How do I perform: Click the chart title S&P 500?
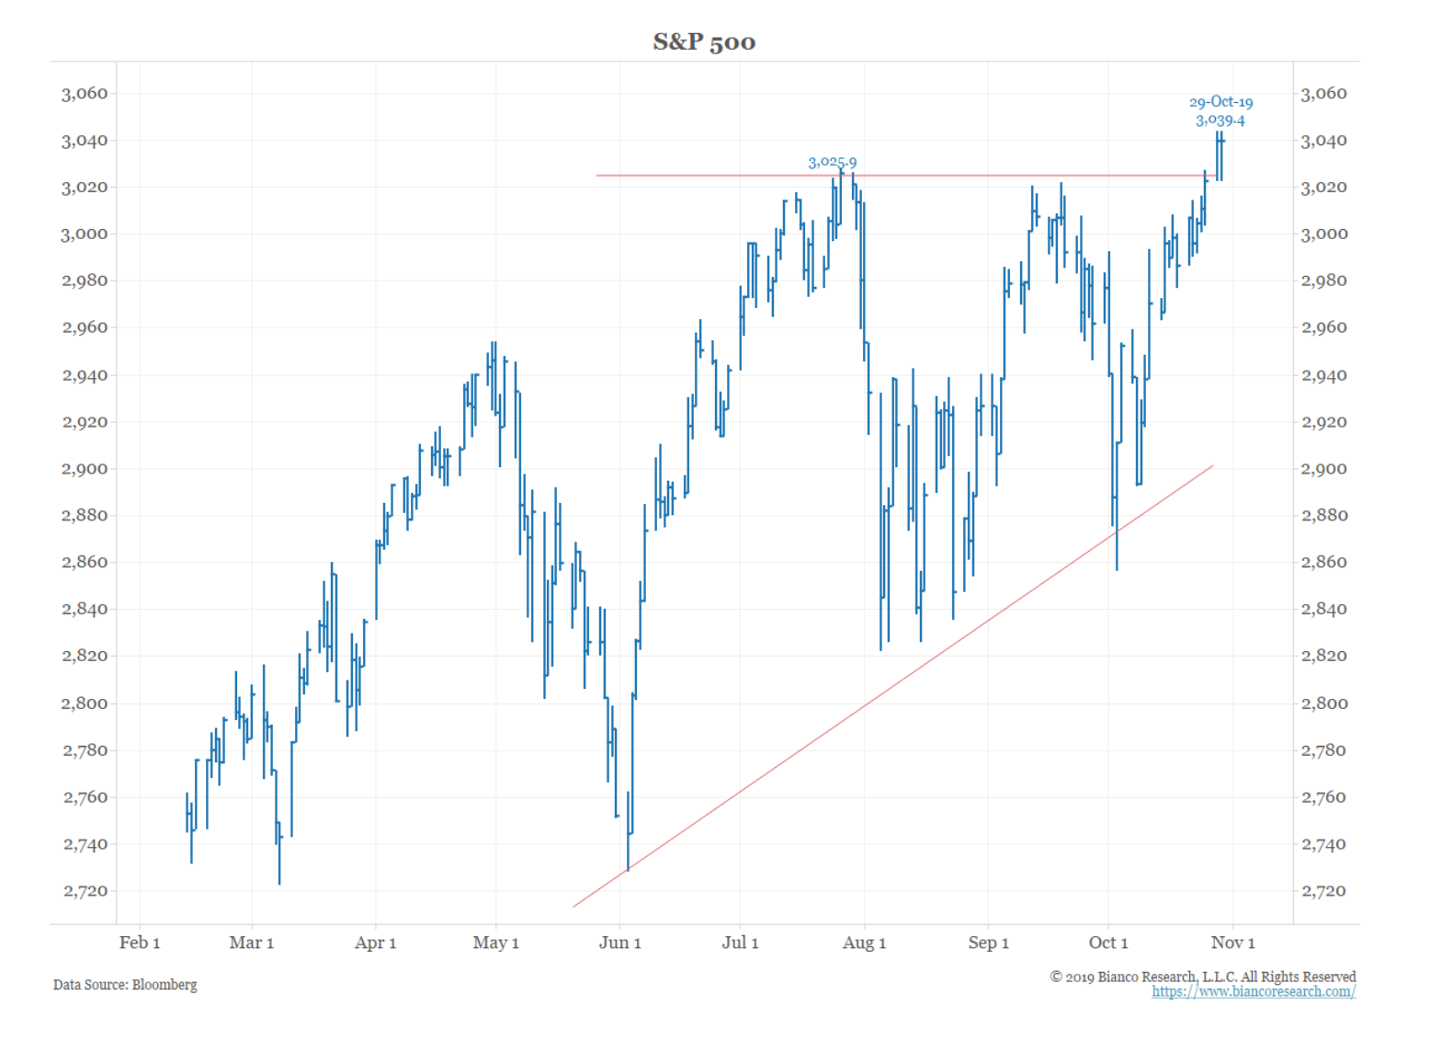704,42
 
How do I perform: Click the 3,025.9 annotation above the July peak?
832,163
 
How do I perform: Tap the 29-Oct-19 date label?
1220,102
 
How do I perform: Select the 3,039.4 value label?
1220,120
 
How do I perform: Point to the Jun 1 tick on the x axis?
619,943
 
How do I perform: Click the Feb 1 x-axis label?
140,943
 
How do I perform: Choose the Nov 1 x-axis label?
1232,943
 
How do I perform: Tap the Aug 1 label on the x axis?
864,943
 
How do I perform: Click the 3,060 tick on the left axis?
85,94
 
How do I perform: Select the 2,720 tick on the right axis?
1324,891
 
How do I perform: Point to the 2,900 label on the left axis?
85,469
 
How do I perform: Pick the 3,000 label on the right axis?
1324,234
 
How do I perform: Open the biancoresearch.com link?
1254,991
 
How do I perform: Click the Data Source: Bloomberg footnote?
125,985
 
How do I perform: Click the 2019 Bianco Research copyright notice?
1203,977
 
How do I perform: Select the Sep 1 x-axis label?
988,943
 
